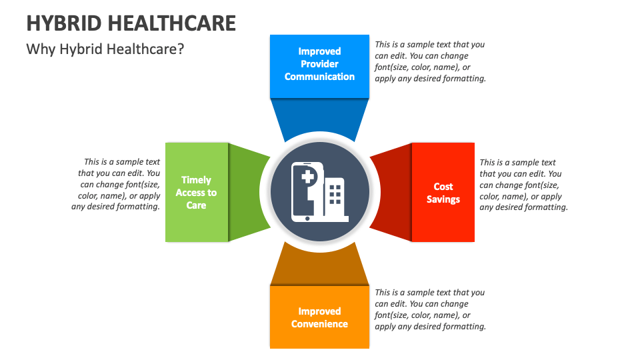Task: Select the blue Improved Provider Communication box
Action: pos(319,65)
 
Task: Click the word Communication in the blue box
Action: pos(319,77)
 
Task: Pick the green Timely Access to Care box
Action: pos(196,192)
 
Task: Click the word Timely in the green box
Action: pos(196,180)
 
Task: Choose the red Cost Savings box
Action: pos(443,192)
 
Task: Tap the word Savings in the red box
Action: pos(443,199)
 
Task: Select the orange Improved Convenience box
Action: pos(319,317)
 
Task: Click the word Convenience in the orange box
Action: pos(319,324)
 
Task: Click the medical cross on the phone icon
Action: pos(308,177)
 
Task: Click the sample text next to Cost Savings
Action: pos(523,185)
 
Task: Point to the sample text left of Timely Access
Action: pos(117,184)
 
